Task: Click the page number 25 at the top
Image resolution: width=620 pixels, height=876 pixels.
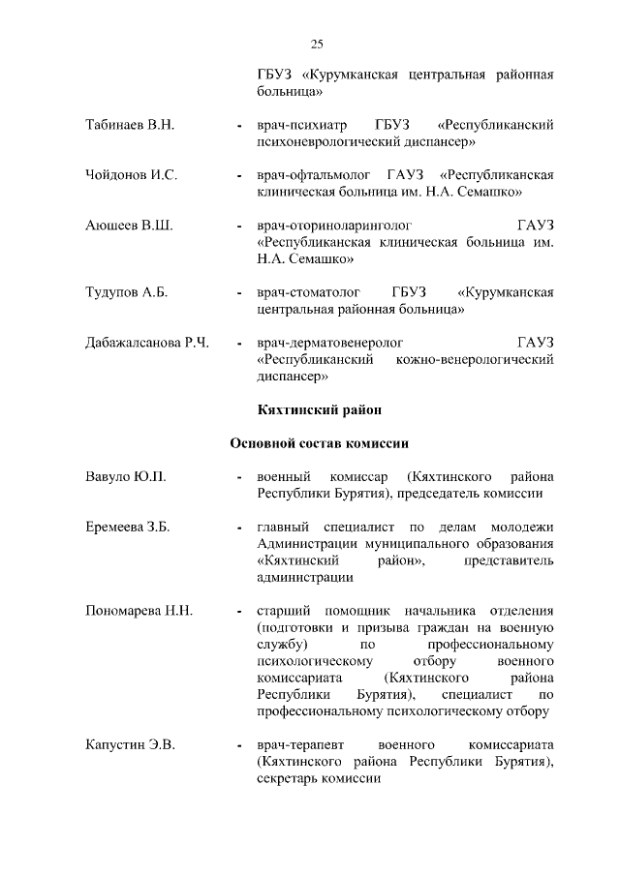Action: [317, 44]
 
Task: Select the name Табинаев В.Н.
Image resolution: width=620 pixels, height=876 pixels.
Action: [127, 126]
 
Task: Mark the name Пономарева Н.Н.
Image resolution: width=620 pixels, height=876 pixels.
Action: [138, 611]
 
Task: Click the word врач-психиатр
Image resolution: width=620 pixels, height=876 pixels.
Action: [301, 126]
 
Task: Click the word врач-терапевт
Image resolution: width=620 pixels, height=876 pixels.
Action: [300, 744]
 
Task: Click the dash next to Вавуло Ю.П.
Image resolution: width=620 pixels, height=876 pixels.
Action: [238, 478]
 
